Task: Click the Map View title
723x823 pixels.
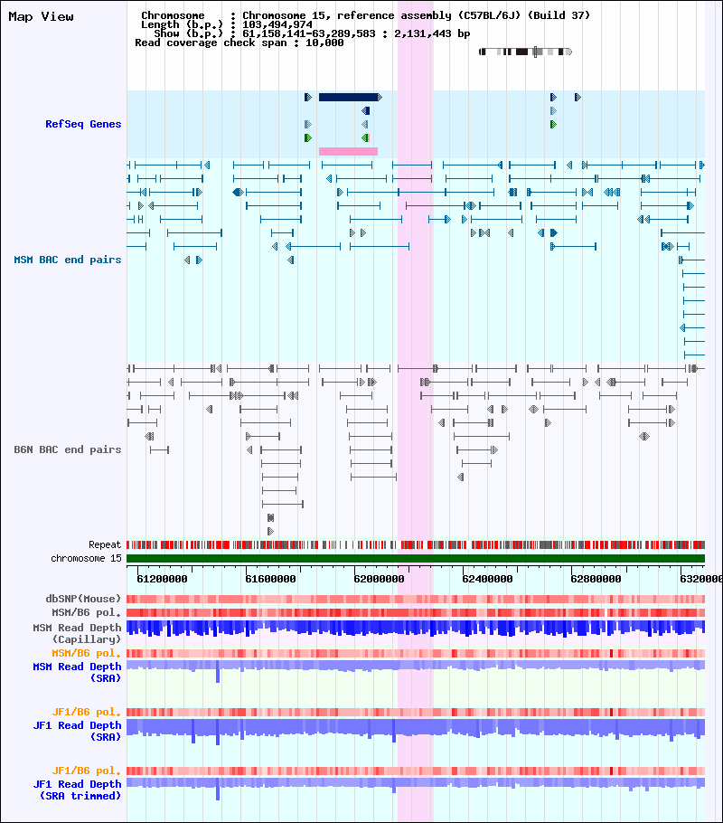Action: (x=41, y=17)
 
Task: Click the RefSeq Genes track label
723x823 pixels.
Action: (x=83, y=124)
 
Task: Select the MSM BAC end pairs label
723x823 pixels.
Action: (x=67, y=260)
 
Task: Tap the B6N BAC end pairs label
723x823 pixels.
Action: (x=67, y=449)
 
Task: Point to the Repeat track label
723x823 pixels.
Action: (x=105, y=544)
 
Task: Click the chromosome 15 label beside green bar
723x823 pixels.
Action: (x=86, y=559)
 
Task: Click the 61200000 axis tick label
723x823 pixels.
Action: (x=162, y=579)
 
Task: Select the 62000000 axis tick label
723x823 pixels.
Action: (x=379, y=579)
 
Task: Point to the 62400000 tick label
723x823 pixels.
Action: (x=487, y=579)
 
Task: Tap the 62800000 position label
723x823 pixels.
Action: (x=596, y=579)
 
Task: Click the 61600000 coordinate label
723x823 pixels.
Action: (x=270, y=579)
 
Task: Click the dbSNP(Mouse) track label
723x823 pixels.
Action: (x=83, y=599)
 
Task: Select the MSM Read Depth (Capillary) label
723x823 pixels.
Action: (x=77, y=633)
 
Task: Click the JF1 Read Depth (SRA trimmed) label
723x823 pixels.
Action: (x=77, y=790)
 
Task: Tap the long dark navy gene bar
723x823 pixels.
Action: (x=348, y=97)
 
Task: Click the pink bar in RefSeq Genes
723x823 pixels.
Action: (x=348, y=151)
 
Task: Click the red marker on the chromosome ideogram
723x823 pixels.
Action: (x=535, y=52)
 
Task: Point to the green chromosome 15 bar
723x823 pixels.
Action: (x=416, y=559)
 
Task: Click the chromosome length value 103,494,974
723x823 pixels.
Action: (x=277, y=24)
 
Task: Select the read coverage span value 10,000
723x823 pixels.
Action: (x=324, y=43)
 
